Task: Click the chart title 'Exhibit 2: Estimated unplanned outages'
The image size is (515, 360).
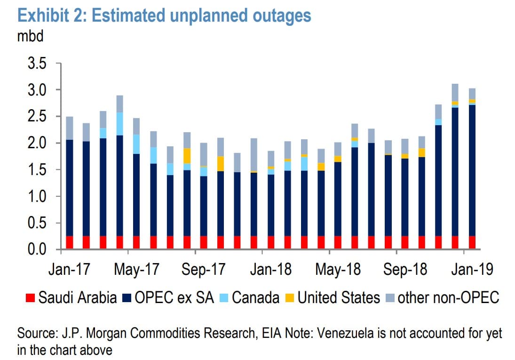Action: click(164, 16)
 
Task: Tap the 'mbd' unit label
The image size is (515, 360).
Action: click(30, 36)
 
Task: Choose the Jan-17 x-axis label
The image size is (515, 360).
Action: click(70, 270)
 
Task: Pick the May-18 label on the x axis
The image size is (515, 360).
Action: click(337, 270)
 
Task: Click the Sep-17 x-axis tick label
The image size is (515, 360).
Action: click(203, 270)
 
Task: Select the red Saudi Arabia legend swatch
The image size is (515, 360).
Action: click(30, 297)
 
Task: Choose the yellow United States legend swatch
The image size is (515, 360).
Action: click(291, 297)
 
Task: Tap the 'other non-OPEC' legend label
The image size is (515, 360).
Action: click(448, 297)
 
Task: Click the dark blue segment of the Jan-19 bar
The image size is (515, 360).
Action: click(472, 169)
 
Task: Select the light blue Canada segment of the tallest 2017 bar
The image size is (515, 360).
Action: click(120, 124)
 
